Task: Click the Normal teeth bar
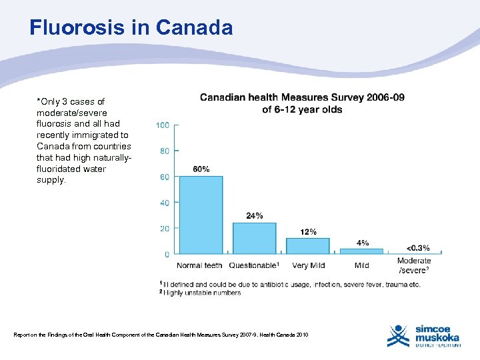pos(201,215)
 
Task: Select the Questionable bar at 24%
pos(254,238)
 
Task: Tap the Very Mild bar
pos(308,245)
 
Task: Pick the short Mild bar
pos(361,251)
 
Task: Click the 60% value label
pos(201,169)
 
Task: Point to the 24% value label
pos(254,215)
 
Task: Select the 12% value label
pos(308,231)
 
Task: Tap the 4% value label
pos(362,243)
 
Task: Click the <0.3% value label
pos(418,248)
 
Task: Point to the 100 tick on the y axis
pos(162,125)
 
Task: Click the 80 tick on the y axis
pos(164,151)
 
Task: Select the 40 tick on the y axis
pos(164,203)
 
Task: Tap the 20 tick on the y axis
pos(164,228)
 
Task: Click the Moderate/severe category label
pos(414,265)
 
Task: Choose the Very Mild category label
pos(308,265)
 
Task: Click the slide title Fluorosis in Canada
pos(131,28)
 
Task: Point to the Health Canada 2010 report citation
pos(161,334)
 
